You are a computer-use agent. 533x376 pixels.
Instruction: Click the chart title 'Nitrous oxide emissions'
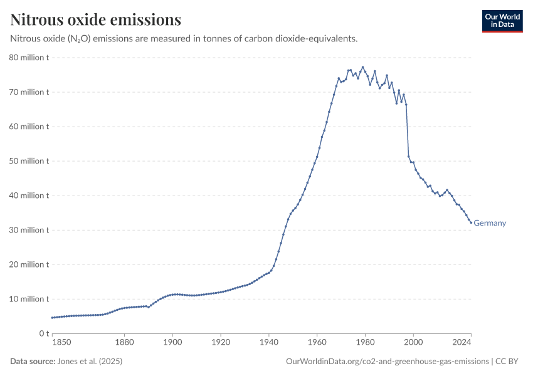(95, 19)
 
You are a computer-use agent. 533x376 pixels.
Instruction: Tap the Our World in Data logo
(502, 21)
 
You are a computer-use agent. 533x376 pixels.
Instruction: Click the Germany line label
(490, 223)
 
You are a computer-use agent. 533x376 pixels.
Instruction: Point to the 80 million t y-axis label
(29, 58)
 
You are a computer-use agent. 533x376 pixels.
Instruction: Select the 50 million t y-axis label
(29, 161)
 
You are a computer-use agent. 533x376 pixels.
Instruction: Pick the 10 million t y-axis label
(29, 299)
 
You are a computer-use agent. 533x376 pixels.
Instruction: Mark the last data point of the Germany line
(471, 222)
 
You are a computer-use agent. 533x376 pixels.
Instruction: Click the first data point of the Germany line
(52, 318)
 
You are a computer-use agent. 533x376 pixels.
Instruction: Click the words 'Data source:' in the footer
(33, 362)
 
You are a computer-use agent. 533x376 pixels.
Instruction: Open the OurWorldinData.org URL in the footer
(387, 362)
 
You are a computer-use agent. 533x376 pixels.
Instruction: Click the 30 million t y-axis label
(29, 230)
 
